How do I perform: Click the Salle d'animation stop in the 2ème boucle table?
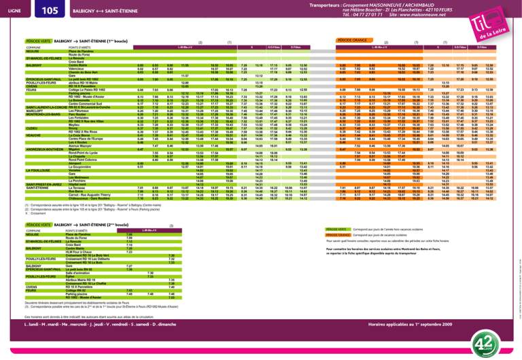(x=77, y=272)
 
